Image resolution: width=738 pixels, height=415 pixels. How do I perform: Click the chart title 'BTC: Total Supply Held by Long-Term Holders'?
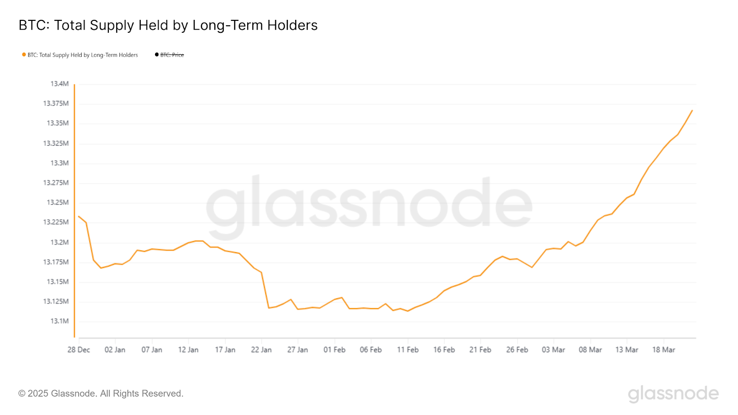(x=168, y=25)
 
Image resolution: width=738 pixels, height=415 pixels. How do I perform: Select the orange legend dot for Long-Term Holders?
(x=24, y=55)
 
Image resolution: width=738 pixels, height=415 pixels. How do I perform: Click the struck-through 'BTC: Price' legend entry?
(x=172, y=55)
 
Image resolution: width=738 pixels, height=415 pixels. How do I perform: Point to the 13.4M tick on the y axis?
(x=60, y=84)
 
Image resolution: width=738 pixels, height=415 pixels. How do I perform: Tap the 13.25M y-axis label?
(x=58, y=202)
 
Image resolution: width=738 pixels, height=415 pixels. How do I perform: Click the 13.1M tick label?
(x=60, y=321)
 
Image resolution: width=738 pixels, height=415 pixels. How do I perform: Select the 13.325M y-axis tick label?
(x=56, y=143)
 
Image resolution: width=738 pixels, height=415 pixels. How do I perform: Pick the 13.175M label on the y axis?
(x=56, y=262)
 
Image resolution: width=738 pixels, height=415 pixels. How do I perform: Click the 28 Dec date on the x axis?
(x=78, y=350)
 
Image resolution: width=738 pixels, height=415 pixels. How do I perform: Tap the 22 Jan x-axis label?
(x=261, y=350)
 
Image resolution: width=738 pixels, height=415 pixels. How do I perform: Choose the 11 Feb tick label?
(x=408, y=350)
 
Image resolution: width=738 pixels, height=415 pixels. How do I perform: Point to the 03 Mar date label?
(x=553, y=350)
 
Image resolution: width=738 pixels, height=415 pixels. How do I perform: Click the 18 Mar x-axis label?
(x=663, y=350)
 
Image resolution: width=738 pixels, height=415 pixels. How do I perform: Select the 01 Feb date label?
(x=334, y=350)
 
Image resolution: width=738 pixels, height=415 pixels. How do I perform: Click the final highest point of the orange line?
(x=692, y=110)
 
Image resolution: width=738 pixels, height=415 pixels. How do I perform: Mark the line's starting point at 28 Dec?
(x=78, y=216)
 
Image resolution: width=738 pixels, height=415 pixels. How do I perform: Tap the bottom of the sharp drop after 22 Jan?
(x=269, y=308)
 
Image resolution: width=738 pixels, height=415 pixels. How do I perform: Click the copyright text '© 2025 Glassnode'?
(x=101, y=394)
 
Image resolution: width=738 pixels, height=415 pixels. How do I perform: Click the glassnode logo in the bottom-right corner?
(x=673, y=394)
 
